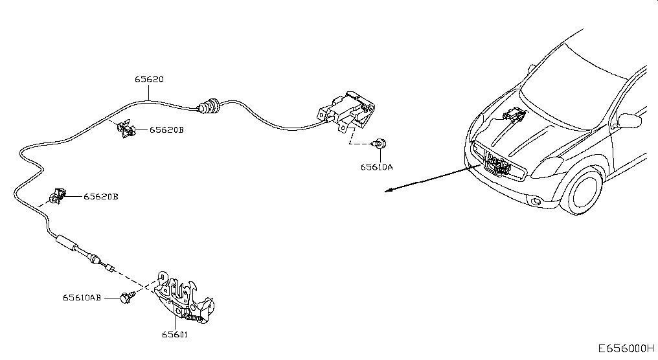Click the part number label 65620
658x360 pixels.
click(x=149, y=79)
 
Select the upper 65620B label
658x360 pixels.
click(x=166, y=130)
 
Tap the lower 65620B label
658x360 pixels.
click(x=101, y=196)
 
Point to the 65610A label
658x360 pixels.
click(x=376, y=167)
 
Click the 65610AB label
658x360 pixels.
click(x=82, y=297)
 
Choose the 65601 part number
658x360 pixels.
click(x=175, y=334)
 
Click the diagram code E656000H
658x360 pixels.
click(x=626, y=348)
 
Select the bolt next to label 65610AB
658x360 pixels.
click(x=127, y=297)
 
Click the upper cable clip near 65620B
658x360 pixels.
click(x=126, y=128)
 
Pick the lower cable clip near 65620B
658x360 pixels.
click(x=57, y=196)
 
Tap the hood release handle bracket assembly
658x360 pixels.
click(x=346, y=111)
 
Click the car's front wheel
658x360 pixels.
click(x=585, y=191)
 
